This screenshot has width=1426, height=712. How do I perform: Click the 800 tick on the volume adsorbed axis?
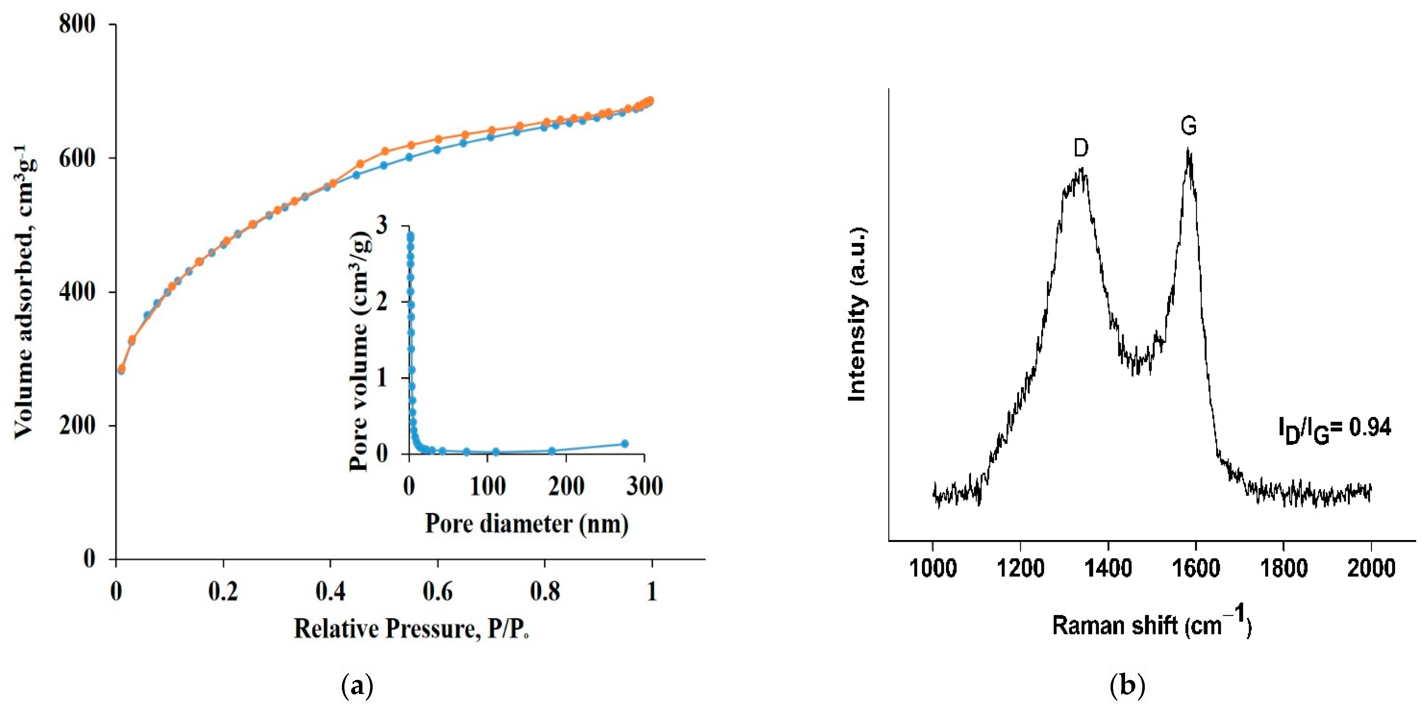(x=77, y=24)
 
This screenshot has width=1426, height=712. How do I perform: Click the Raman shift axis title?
(x=1152, y=624)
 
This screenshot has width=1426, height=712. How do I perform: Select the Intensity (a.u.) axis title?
(x=858, y=314)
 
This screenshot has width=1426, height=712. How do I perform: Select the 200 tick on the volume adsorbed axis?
(x=77, y=426)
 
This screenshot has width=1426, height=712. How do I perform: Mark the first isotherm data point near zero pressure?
(x=121, y=369)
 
